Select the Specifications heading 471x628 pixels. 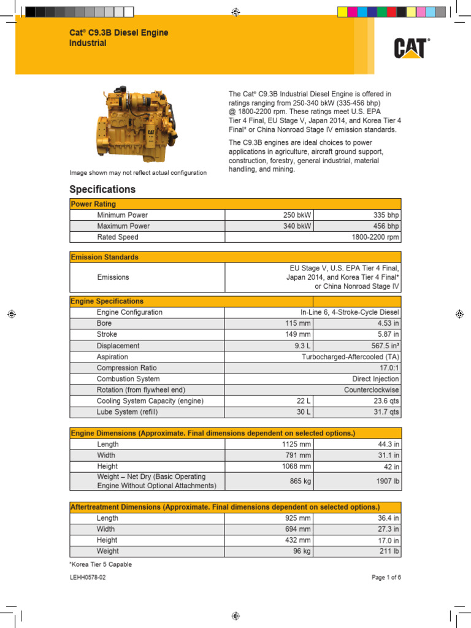click(x=102, y=190)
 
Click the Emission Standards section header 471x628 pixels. click(x=105, y=257)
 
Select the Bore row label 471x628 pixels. click(x=104, y=323)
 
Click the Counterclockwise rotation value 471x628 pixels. click(x=371, y=390)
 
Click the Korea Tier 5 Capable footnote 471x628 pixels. click(x=101, y=564)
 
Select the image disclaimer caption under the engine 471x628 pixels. click(x=138, y=173)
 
